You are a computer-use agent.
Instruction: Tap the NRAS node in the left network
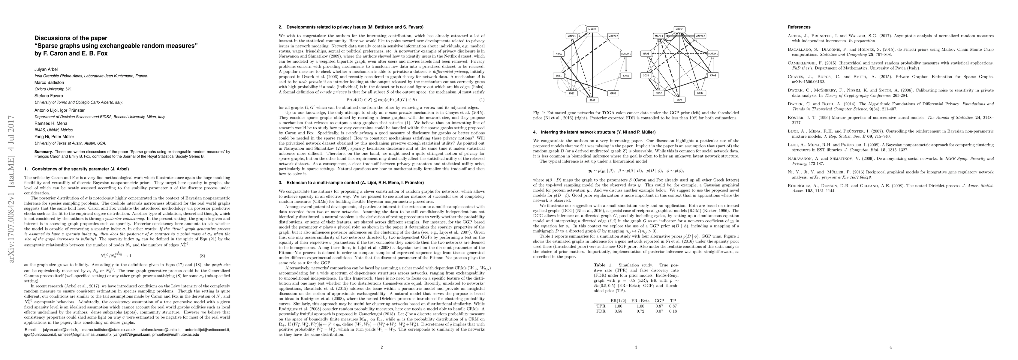[559, 54]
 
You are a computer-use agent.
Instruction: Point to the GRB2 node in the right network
[700, 93]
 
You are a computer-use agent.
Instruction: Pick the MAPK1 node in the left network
[592, 29]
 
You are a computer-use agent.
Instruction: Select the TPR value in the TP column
[673, 306]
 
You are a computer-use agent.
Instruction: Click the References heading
[799, 27]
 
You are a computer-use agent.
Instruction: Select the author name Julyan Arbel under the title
[46, 70]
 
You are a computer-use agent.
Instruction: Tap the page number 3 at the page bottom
[636, 347]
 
